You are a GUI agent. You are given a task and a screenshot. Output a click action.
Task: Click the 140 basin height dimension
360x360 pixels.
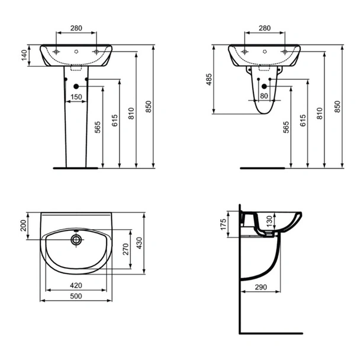point(24,55)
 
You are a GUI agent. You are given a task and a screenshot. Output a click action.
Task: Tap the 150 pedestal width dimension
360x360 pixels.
point(76,97)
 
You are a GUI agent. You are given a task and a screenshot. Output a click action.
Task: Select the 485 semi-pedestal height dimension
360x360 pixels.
point(209,79)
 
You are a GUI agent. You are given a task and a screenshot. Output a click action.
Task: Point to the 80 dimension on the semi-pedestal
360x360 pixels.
point(264,96)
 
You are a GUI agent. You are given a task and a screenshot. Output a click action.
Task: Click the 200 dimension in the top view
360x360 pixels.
point(24,226)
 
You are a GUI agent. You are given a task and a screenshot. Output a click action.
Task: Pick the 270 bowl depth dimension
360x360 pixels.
point(126,249)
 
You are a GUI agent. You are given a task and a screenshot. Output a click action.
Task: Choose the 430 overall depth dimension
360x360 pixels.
point(139,243)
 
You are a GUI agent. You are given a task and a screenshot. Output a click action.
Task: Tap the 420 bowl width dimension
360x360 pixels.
point(76,285)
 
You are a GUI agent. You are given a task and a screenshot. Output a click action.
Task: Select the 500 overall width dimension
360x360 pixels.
point(76,296)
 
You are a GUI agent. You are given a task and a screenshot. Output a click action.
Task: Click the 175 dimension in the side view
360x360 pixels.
point(223,224)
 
